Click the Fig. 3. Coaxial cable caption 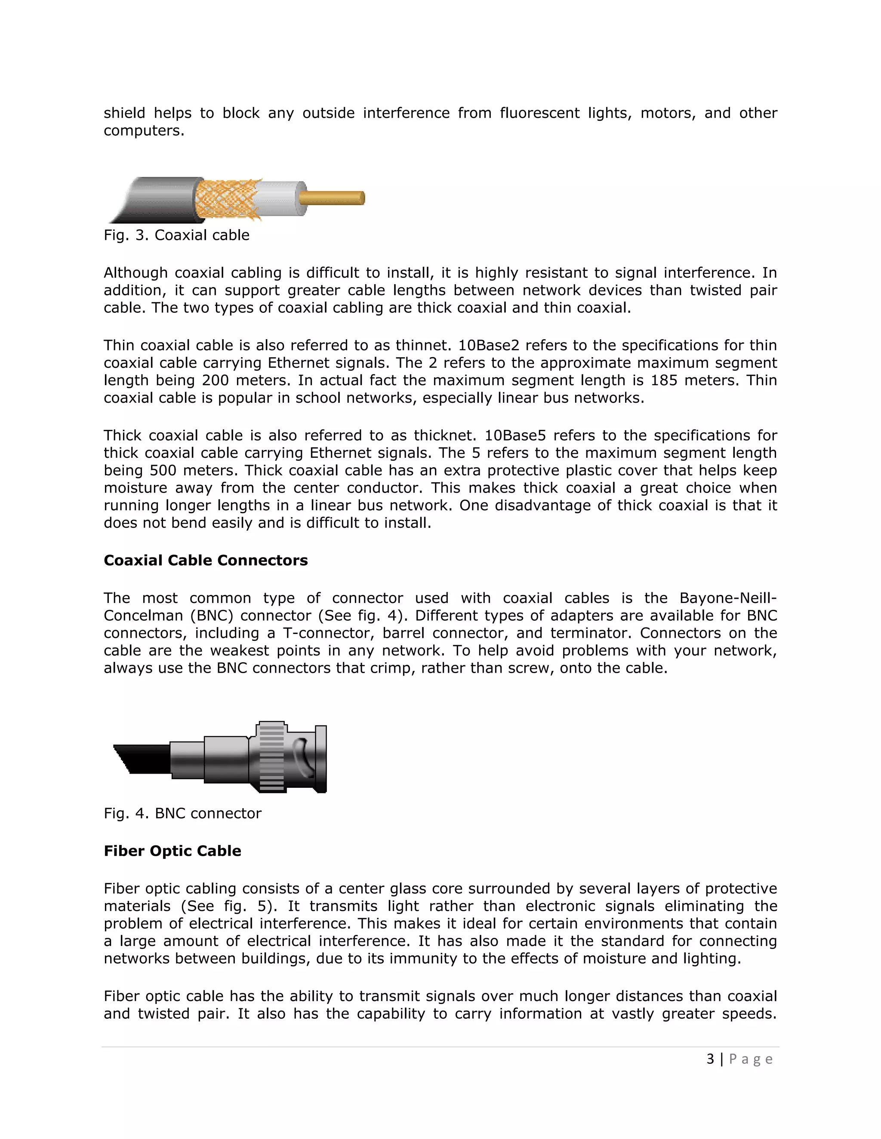point(176,235)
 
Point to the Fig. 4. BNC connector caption point(182,813)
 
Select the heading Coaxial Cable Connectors point(206,560)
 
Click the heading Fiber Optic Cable point(172,851)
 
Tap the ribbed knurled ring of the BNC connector point(271,757)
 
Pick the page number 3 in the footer point(710,1059)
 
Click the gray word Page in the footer point(751,1059)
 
